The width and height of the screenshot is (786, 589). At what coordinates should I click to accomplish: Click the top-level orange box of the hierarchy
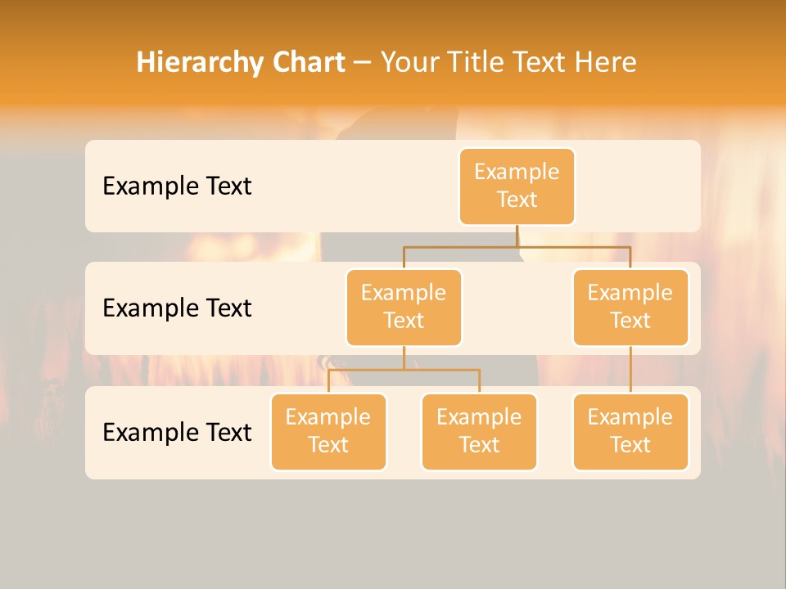(x=517, y=186)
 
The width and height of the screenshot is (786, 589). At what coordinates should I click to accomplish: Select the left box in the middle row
(x=404, y=307)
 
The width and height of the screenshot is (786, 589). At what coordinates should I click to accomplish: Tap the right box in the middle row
(x=630, y=307)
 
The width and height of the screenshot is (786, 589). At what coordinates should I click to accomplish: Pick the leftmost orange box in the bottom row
(x=328, y=431)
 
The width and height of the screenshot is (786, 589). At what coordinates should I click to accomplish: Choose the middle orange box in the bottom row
(x=479, y=431)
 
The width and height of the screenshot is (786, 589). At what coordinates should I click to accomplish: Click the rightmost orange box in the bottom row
(x=630, y=431)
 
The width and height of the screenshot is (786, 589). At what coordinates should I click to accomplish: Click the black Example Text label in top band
(x=177, y=187)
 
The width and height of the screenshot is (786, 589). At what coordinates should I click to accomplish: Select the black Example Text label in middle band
(x=177, y=308)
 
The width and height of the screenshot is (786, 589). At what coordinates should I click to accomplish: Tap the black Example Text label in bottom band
(x=177, y=432)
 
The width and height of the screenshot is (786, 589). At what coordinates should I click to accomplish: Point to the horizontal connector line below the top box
(x=573, y=246)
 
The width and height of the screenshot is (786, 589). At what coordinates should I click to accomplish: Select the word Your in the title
(x=409, y=63)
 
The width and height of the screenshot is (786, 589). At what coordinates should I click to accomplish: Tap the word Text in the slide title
(x=535, y=63)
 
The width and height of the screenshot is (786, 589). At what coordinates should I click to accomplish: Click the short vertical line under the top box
(x=517, y=236)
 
